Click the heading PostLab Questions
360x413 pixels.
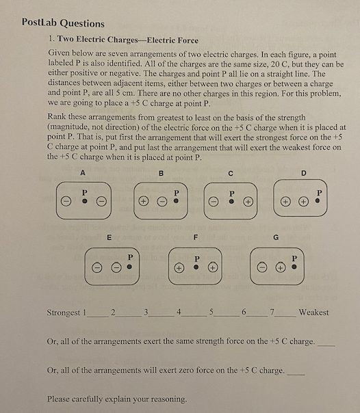tap(63, 23)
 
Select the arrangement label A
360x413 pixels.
tap(83, 172)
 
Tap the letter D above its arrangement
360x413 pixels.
tap(304, 172)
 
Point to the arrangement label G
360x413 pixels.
tap(276, 238)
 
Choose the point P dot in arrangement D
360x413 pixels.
tap(318, 202)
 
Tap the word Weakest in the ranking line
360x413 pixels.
tap(313, 312)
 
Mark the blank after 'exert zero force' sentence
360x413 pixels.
tap(295, 373)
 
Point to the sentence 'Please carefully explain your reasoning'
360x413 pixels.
tap(116, 399)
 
